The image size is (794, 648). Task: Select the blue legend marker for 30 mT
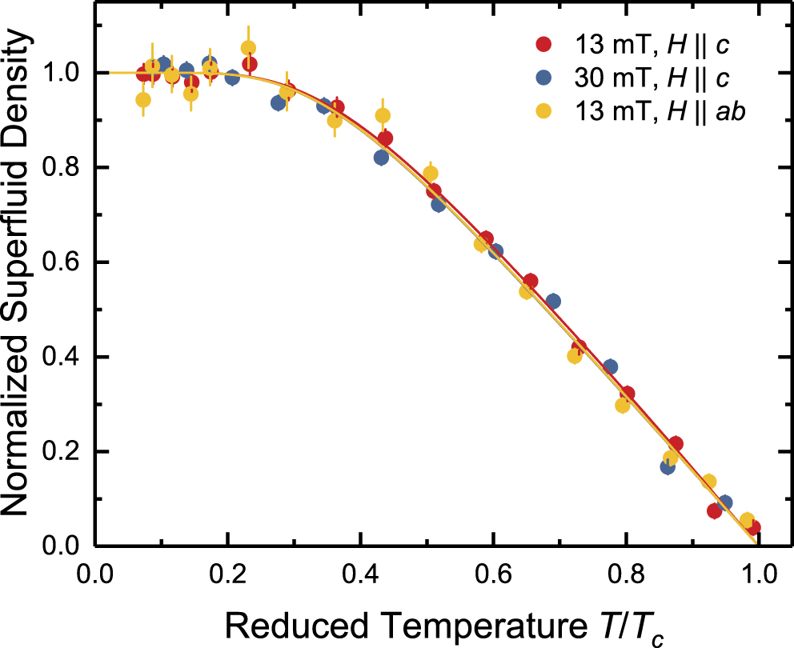[x=544, y=78]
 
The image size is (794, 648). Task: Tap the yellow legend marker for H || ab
[x=544, y=113]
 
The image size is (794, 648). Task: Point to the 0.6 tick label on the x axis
[x=493, y=574]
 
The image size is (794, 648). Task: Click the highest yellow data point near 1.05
[x=249, y=49]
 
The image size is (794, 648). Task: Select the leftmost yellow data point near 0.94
[x=143, y=100]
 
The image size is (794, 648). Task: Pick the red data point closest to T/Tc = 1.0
[x=752, y=527]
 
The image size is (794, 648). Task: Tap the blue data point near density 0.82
[x=381, y=158]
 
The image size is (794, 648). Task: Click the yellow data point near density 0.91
[x=383, y=115]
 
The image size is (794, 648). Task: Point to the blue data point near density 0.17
[x=668, y=466]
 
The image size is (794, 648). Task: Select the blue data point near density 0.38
[x=610, y=367]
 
